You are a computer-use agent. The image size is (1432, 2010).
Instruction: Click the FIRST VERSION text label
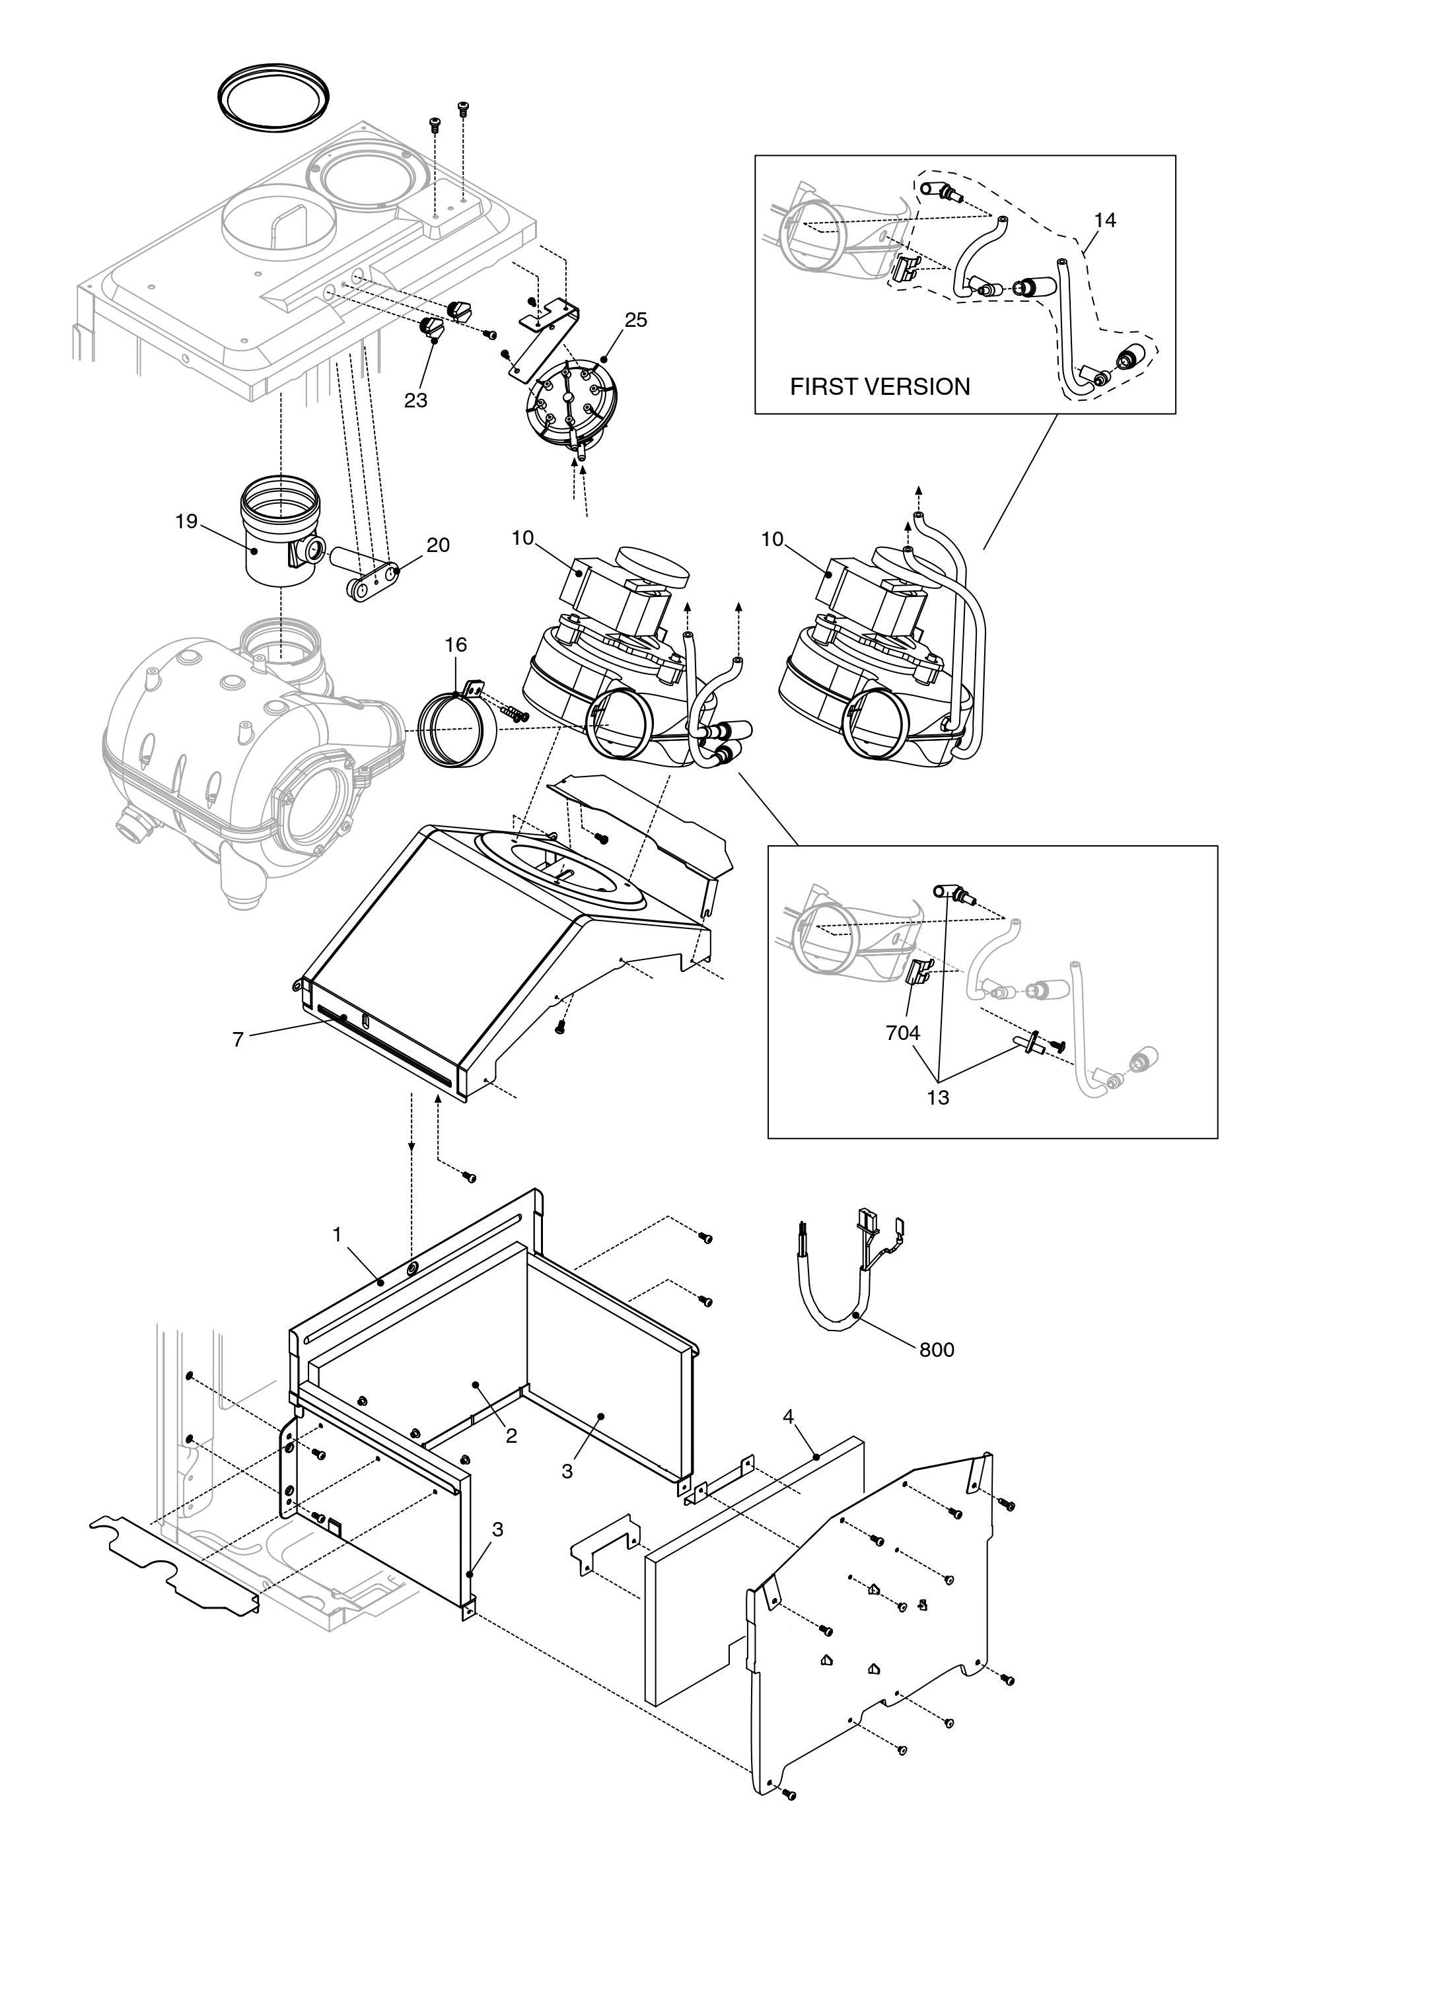[x=879, y=386]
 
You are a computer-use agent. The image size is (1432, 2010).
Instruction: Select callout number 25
[x=636, y=320]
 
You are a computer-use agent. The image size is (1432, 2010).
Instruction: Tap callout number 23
[x=415, y=400]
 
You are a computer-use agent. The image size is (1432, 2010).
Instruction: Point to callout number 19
[x=186, y=521]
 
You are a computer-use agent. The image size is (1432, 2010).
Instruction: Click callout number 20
[x=438, y=545]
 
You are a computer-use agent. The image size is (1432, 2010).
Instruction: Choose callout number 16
[x=455, y=644]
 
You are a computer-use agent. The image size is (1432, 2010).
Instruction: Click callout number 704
[x=903, y=1032]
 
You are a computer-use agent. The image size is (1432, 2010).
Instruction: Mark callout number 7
[x=237, y=1039]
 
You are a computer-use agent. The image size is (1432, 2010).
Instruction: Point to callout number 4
[x=788, y=1416]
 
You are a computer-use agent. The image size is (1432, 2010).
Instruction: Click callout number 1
[x=337, y=1235]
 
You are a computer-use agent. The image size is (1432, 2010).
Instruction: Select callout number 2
[x=511, y=1436]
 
